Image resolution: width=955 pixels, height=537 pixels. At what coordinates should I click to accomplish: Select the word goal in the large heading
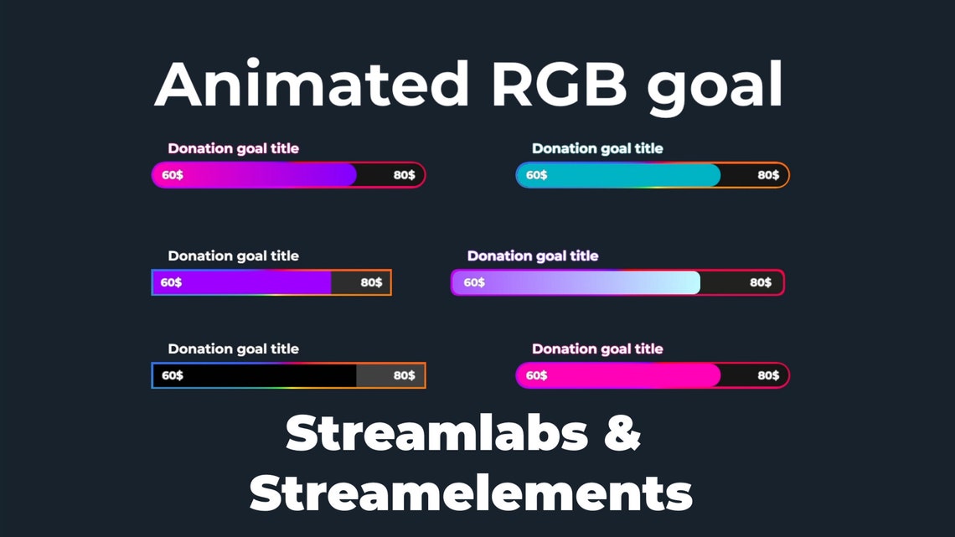click(x=715, y=88)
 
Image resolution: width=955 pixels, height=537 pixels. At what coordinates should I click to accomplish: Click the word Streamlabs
click(x=436, y=432)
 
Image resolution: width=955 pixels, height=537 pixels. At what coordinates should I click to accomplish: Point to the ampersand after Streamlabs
click(x=622, y=432)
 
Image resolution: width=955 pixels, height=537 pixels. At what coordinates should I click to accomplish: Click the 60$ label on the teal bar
click(x=537, y=175)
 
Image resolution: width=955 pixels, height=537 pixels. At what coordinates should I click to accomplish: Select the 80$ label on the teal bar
click(x=768, y=175)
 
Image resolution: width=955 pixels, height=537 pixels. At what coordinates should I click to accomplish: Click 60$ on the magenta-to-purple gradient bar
click(x=173, y=175)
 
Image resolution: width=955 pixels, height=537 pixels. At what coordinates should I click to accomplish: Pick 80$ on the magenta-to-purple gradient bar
click(x=404, y=175)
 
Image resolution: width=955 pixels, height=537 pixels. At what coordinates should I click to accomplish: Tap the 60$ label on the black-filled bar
click(x=173, y=375)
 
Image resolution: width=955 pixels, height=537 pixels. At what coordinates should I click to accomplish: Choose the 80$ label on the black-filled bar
click(x=404, y=375)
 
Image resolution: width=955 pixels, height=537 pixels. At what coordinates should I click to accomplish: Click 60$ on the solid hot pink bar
click(x=537, y=375)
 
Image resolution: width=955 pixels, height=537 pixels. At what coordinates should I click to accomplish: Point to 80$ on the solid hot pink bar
click(x=768, y=375)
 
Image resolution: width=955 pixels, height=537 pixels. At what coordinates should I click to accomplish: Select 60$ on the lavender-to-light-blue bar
click(x=474, y=282)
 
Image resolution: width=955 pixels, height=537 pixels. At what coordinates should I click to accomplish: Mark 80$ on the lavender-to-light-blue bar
click(x=761, y=282)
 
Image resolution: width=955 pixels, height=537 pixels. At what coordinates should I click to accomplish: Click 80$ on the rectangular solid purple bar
click(x=371, y=282)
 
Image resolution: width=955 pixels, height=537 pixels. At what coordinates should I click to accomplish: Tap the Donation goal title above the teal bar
click(x=597, y=149)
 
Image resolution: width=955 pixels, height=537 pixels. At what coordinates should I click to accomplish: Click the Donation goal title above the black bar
click(x=233, y=349)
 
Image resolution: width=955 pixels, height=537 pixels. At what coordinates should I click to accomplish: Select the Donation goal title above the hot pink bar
click(x=597, y=349)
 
